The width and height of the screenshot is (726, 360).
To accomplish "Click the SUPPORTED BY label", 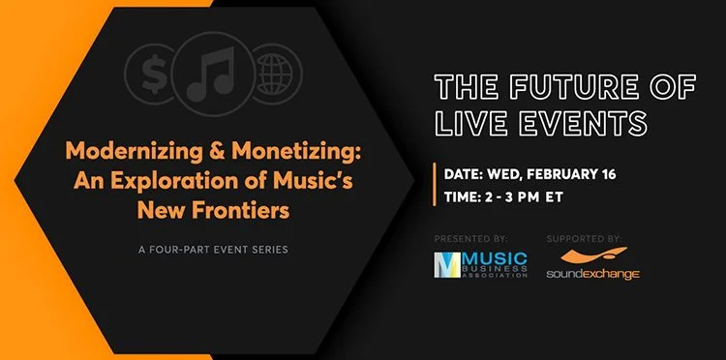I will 584,237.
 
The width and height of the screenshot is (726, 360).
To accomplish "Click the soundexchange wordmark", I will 594,275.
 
